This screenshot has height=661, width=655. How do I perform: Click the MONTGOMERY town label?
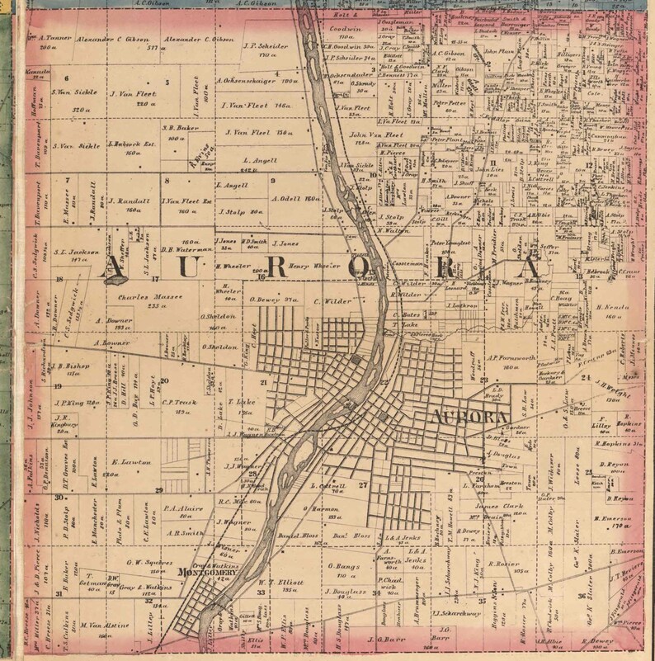point(205,572)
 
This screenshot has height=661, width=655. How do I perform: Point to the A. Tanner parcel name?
point(50,37)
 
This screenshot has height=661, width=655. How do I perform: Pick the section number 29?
point(158,489)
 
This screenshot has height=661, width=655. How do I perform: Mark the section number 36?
point(582,594)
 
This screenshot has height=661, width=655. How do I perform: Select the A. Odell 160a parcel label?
point(295,199)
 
